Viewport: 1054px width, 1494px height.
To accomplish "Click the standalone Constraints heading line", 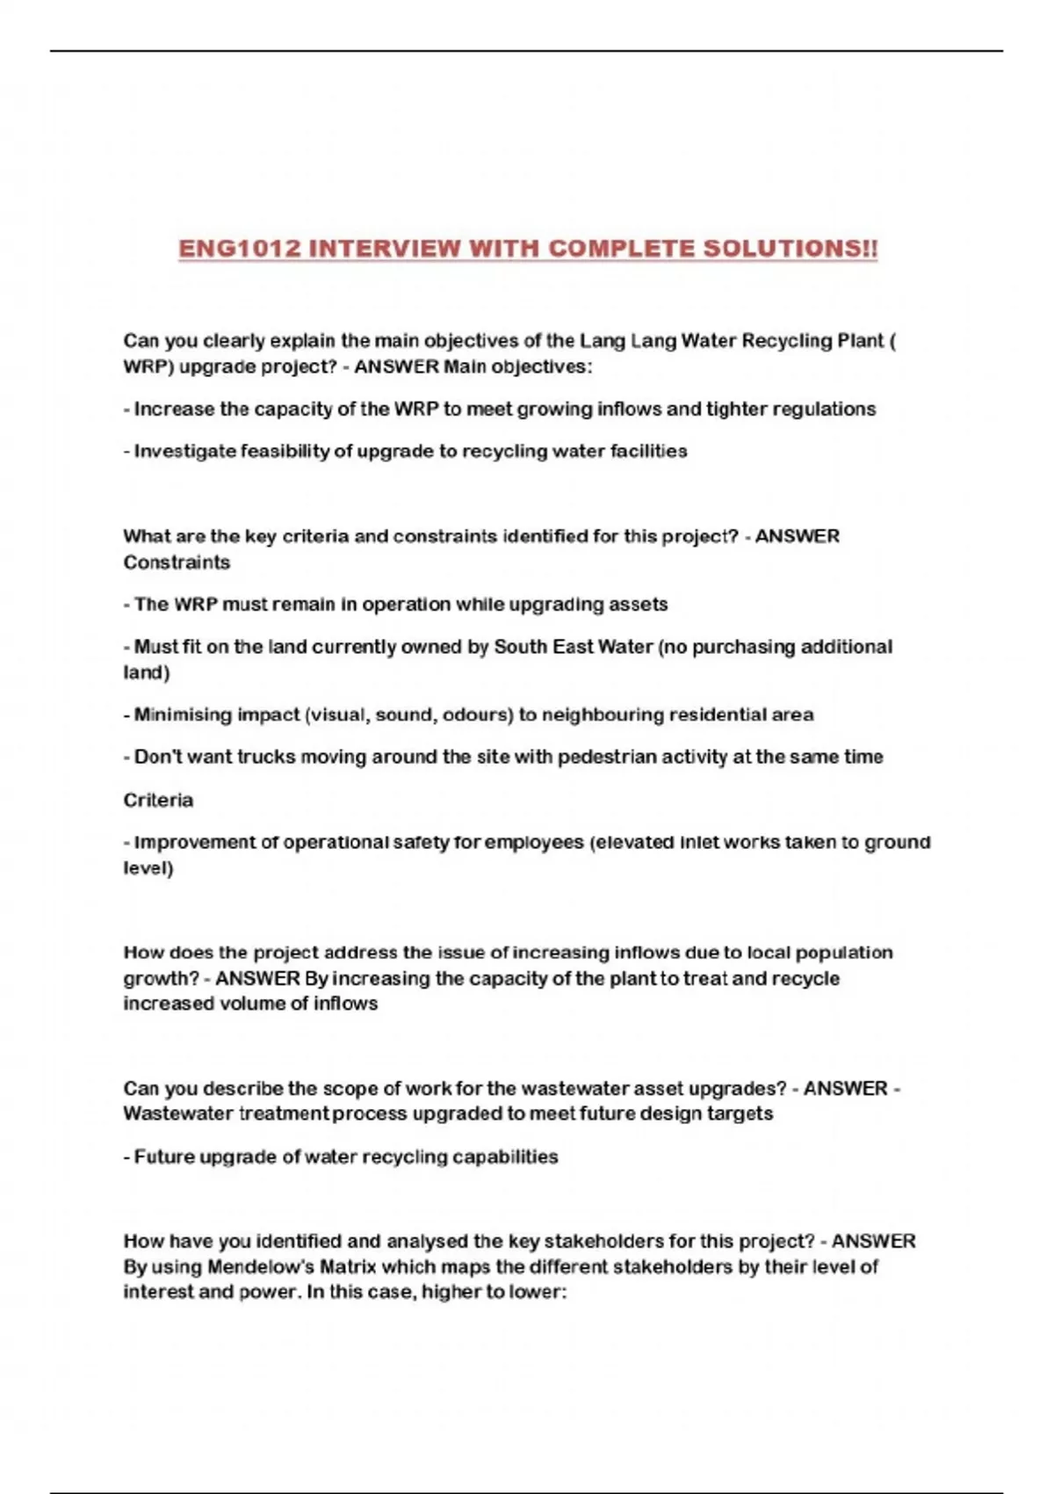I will tap(177, 562).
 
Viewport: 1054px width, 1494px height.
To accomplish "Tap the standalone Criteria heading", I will tap(158, 800).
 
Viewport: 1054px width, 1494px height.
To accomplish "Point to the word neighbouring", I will tap(602, 714).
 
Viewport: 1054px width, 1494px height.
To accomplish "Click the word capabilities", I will tap(505, 1157).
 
